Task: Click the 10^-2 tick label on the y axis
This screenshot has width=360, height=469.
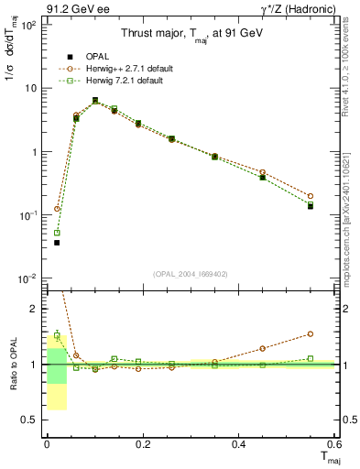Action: pos(27,278)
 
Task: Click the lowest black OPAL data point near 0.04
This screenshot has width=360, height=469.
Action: pos(57,243)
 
